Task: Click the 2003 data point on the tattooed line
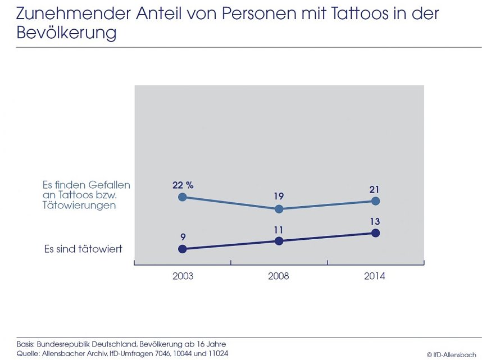tap(181, 249)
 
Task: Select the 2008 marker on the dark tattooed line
tap(279, 241)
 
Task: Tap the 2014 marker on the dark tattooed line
tap(376, 233)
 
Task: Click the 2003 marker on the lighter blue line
tap(181, 197)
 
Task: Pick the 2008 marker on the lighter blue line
tap(279, 209)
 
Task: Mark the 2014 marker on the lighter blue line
tap(376, 201)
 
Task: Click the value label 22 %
tap(183, 184)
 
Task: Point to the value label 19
tap(279, 196)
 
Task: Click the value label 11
tap(279, 229)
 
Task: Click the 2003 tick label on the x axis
tap(183, 276)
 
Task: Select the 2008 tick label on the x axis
tap(279, 276)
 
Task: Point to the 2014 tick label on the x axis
tap(375, 276)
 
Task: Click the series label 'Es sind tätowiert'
tap(83, 249)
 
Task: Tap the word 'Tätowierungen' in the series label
tap(79, 206)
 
